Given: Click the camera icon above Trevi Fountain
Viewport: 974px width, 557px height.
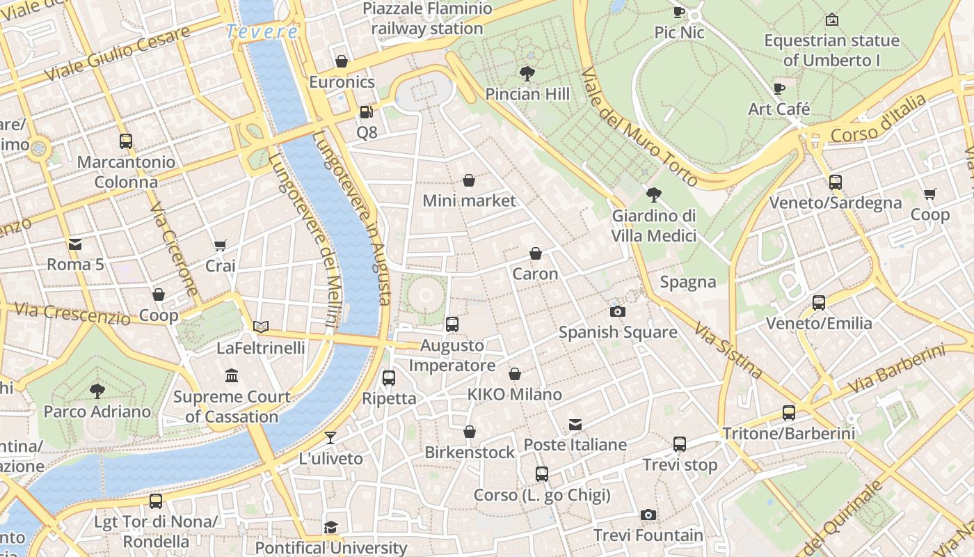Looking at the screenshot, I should (648, 515).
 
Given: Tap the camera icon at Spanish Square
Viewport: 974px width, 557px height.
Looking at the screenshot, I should (617, 311).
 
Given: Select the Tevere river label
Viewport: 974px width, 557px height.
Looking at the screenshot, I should (262, 32).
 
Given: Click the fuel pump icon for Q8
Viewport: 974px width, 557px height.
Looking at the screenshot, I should (366, 112).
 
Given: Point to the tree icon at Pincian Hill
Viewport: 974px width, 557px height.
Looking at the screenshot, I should (527, 73).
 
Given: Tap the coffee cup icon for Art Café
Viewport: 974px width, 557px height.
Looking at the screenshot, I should (779, 88).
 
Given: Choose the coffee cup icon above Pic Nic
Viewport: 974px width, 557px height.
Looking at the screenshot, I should (679, 12).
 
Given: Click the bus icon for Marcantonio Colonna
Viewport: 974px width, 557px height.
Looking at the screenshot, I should (126, 141).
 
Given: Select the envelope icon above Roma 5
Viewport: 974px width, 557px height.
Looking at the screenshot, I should (75, 244).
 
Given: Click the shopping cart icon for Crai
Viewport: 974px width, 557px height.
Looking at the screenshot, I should (221, 245).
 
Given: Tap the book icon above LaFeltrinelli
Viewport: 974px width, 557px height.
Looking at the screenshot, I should (261, 327).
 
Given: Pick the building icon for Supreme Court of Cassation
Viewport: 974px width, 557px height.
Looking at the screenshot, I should (232, 376).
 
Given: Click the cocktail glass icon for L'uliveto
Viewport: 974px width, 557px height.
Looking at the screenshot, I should (330, 438).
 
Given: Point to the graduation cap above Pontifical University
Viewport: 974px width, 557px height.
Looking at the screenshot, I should (331, 527).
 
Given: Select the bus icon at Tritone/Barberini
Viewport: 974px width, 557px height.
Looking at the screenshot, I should (789, 413).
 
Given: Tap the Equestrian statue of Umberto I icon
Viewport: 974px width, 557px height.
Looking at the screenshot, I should (831, 19).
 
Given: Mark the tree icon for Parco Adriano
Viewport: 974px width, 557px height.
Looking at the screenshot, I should (97, 391).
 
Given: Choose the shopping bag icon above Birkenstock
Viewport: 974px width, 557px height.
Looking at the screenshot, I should (470, 432).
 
